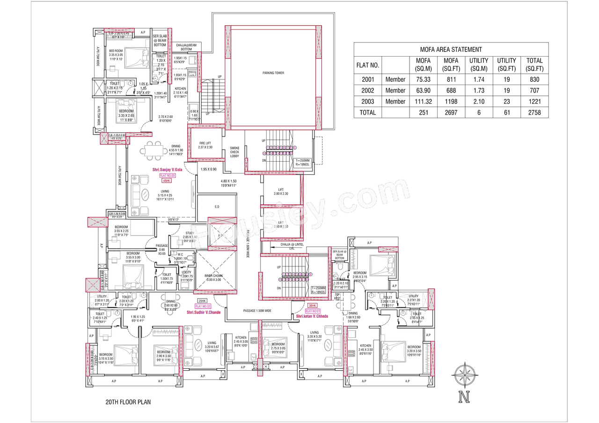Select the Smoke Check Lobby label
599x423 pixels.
click(x=234, y=152)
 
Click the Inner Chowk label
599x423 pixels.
click(x=215, y=278)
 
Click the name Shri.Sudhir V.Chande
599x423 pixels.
click(x=203, y=312)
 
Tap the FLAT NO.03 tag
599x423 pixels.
click(x=167, y=175)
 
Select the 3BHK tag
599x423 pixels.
click(x=313, y=305)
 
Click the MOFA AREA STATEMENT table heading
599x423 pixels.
click(x=451, y=49)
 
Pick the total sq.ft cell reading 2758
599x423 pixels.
click(x=534, y=112)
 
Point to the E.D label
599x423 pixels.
click(x=217, y=206)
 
